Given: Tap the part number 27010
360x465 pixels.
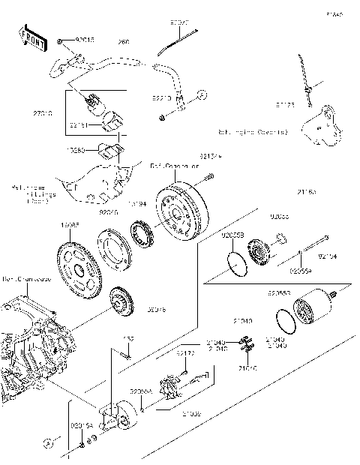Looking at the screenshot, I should (x=43, y=112).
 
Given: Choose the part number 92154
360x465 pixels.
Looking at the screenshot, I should (x=328, y=256).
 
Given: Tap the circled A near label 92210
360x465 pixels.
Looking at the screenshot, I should (x=202, y=94).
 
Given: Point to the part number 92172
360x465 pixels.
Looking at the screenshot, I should (x=186, y=352).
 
